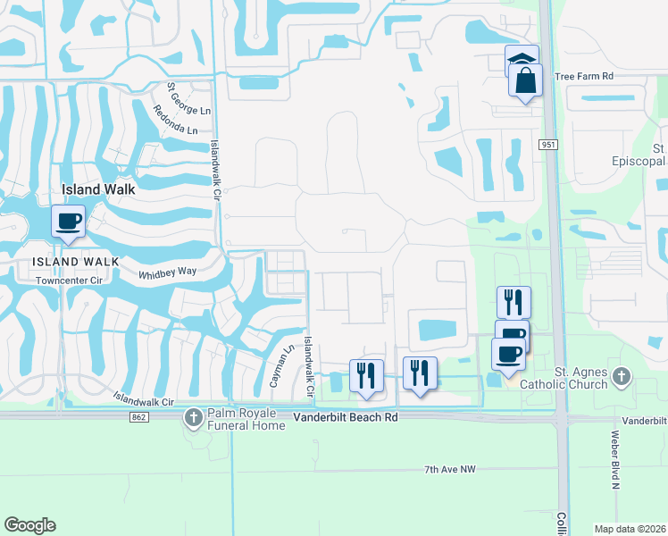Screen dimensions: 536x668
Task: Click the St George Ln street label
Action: (188, 100)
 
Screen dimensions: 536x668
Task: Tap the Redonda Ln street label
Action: (175, 119)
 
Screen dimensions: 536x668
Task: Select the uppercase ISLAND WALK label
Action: (75, 261)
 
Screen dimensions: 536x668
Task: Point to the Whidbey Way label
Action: (167, 273)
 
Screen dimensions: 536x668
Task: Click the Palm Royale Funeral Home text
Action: (246, 419)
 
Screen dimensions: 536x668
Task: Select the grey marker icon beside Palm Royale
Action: (194, 416)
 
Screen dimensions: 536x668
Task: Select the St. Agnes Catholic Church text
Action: (569, 379)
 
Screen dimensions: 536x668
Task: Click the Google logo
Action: (29, 525)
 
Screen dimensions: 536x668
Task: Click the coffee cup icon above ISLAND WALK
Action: (69, 220)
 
